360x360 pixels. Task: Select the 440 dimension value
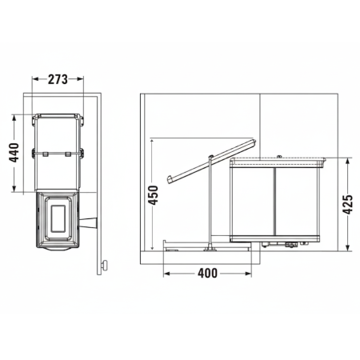click(14, 152)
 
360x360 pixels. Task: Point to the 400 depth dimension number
click(207, 274)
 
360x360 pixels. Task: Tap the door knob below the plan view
click(104, 266)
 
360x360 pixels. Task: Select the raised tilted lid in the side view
click(212, 162)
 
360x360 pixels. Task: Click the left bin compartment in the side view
click(252, 200)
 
